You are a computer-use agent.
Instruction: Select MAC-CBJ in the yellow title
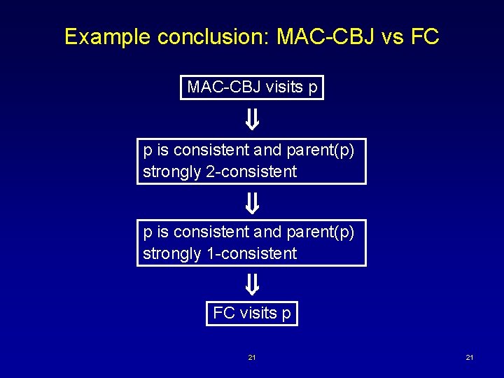(x=323, y=36)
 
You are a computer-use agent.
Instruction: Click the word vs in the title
(x=392, y=36)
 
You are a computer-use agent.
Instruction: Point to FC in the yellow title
(x=424, y=36)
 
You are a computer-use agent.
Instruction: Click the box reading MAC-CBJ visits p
(x=252, y=87)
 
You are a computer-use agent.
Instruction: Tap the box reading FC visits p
(x=252, y=313)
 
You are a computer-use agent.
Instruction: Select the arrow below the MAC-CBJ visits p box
(x=252, y=120)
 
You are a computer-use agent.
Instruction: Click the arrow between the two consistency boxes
(x=252, y=204)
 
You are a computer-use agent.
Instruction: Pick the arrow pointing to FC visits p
(x=252, y=284)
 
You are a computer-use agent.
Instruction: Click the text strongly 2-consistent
(x=220, y=171)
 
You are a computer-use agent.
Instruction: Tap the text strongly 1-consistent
(x=220, y=253)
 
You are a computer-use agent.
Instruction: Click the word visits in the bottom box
(x=258, y=313)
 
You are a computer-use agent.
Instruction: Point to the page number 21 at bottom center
(x=252, y=358)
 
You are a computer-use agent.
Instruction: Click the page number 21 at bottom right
(x=470, y=358)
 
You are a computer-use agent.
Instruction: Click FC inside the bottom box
(x=224, y=313)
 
